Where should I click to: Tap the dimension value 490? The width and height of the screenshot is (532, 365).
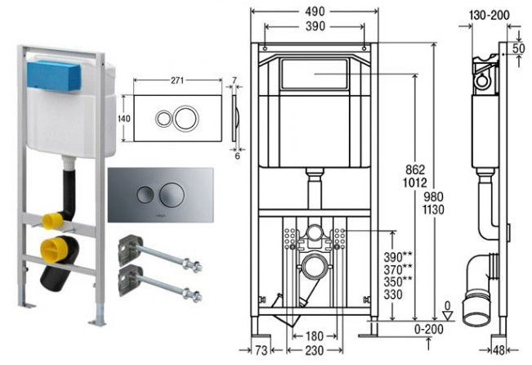[x=315, y=11]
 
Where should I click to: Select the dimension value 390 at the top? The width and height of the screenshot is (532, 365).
[x=315, y=26]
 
